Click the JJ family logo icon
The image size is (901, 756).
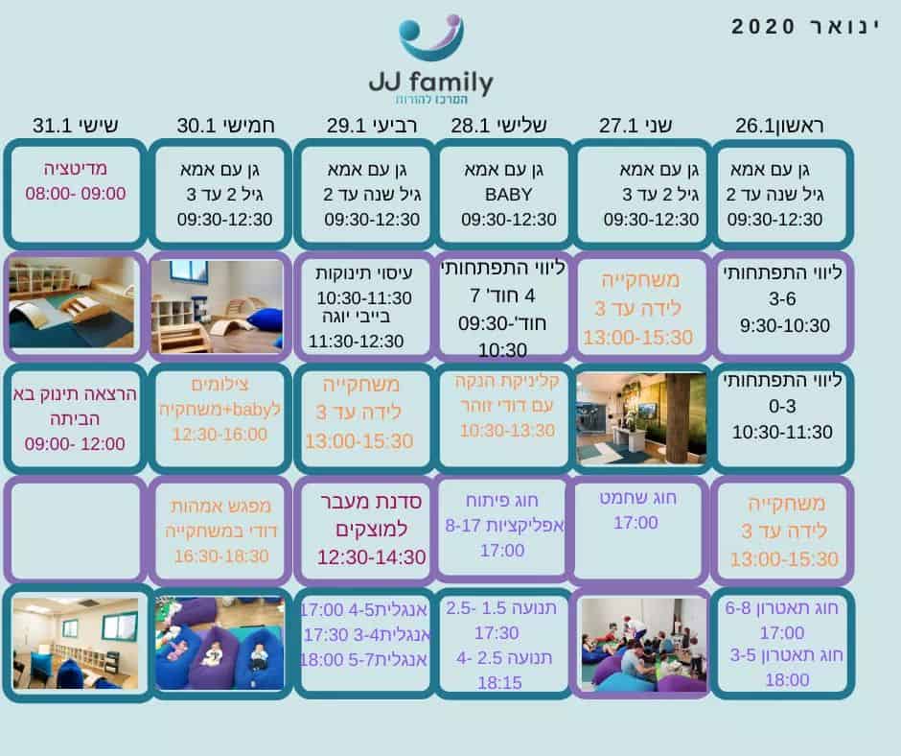[x=431, y=36]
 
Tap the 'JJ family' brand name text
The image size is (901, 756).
[x=431, y=83]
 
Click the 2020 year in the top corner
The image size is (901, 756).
[x=763, y=27]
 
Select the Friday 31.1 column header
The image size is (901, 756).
[x=76, y=125]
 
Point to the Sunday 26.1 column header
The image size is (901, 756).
[x=779, y=126]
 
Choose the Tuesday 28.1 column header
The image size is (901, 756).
[x=498, y=125]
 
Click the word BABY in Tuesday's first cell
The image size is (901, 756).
[x=508, y=195]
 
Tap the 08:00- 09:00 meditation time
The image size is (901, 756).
[x=76, y=193]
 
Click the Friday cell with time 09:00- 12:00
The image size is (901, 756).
[x=75, y=418]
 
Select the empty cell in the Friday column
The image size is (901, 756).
[x=75, y=530]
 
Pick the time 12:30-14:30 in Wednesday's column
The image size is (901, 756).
[x=372, y=557]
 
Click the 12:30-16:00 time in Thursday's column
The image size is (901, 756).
[x=219, y=435]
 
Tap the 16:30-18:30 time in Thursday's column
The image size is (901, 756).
[x=221, y=555]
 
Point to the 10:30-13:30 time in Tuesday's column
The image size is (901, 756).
[x=507, y=431]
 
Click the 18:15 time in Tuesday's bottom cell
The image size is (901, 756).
[x=499, y=683]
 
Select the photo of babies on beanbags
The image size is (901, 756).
[x=219, y=643]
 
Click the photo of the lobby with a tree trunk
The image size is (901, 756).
[x=641, y=418]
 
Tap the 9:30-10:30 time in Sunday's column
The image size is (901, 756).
[x=784, y=325]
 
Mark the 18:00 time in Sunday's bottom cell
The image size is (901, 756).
[x=787, y=680]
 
